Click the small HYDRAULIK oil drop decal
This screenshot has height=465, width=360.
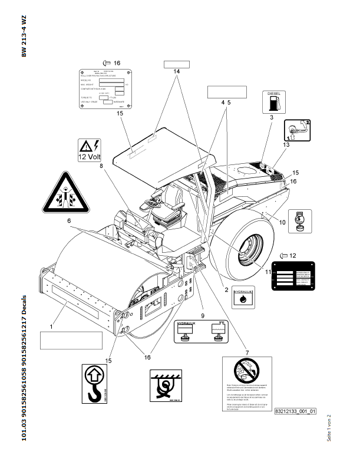[x=242, y=296]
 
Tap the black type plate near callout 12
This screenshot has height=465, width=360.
[x=293, y=274]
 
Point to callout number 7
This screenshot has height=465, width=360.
[x=247, y=352]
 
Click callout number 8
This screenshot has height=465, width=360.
[x=101, y=166]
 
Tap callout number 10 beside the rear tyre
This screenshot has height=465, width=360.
[x=283, y=222]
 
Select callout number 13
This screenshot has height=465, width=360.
[x=287, y=144]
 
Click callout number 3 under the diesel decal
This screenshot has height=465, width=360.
[x=271, y=118]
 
